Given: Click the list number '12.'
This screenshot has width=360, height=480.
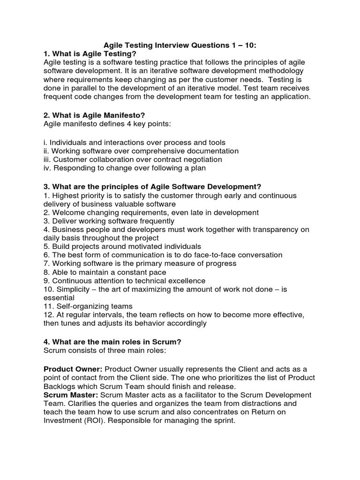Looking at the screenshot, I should (50, 315).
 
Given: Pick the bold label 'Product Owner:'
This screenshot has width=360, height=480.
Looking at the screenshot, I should (72, 369).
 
